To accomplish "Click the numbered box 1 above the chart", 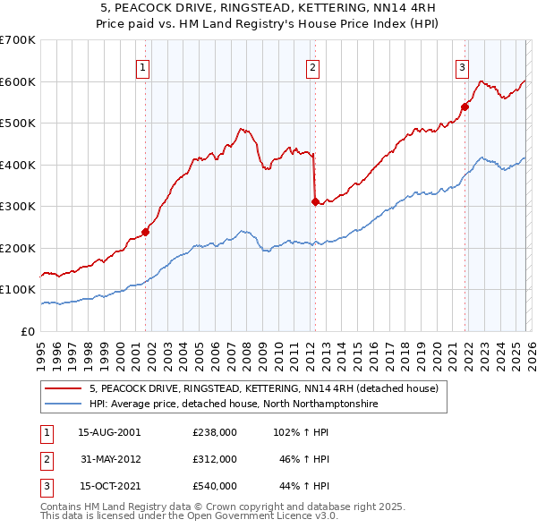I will (x=144, y=65).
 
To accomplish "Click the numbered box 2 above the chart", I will (x=313, y=65).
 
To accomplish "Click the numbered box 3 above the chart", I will (x=463, y=65).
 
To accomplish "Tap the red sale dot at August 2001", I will (x=145, y=232).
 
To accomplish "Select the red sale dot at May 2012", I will (x=315, y=201).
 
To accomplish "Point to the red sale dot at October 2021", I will (x=465, y=107).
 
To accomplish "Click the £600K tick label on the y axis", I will (x=18, y=81).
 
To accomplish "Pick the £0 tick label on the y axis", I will (x=29, y=331).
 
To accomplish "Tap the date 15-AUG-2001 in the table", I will (x=109, y=432).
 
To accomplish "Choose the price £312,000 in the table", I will (x=214, y=459).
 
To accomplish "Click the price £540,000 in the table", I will (x=214, y=486).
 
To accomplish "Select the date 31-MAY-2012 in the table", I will (x=109, y=459).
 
